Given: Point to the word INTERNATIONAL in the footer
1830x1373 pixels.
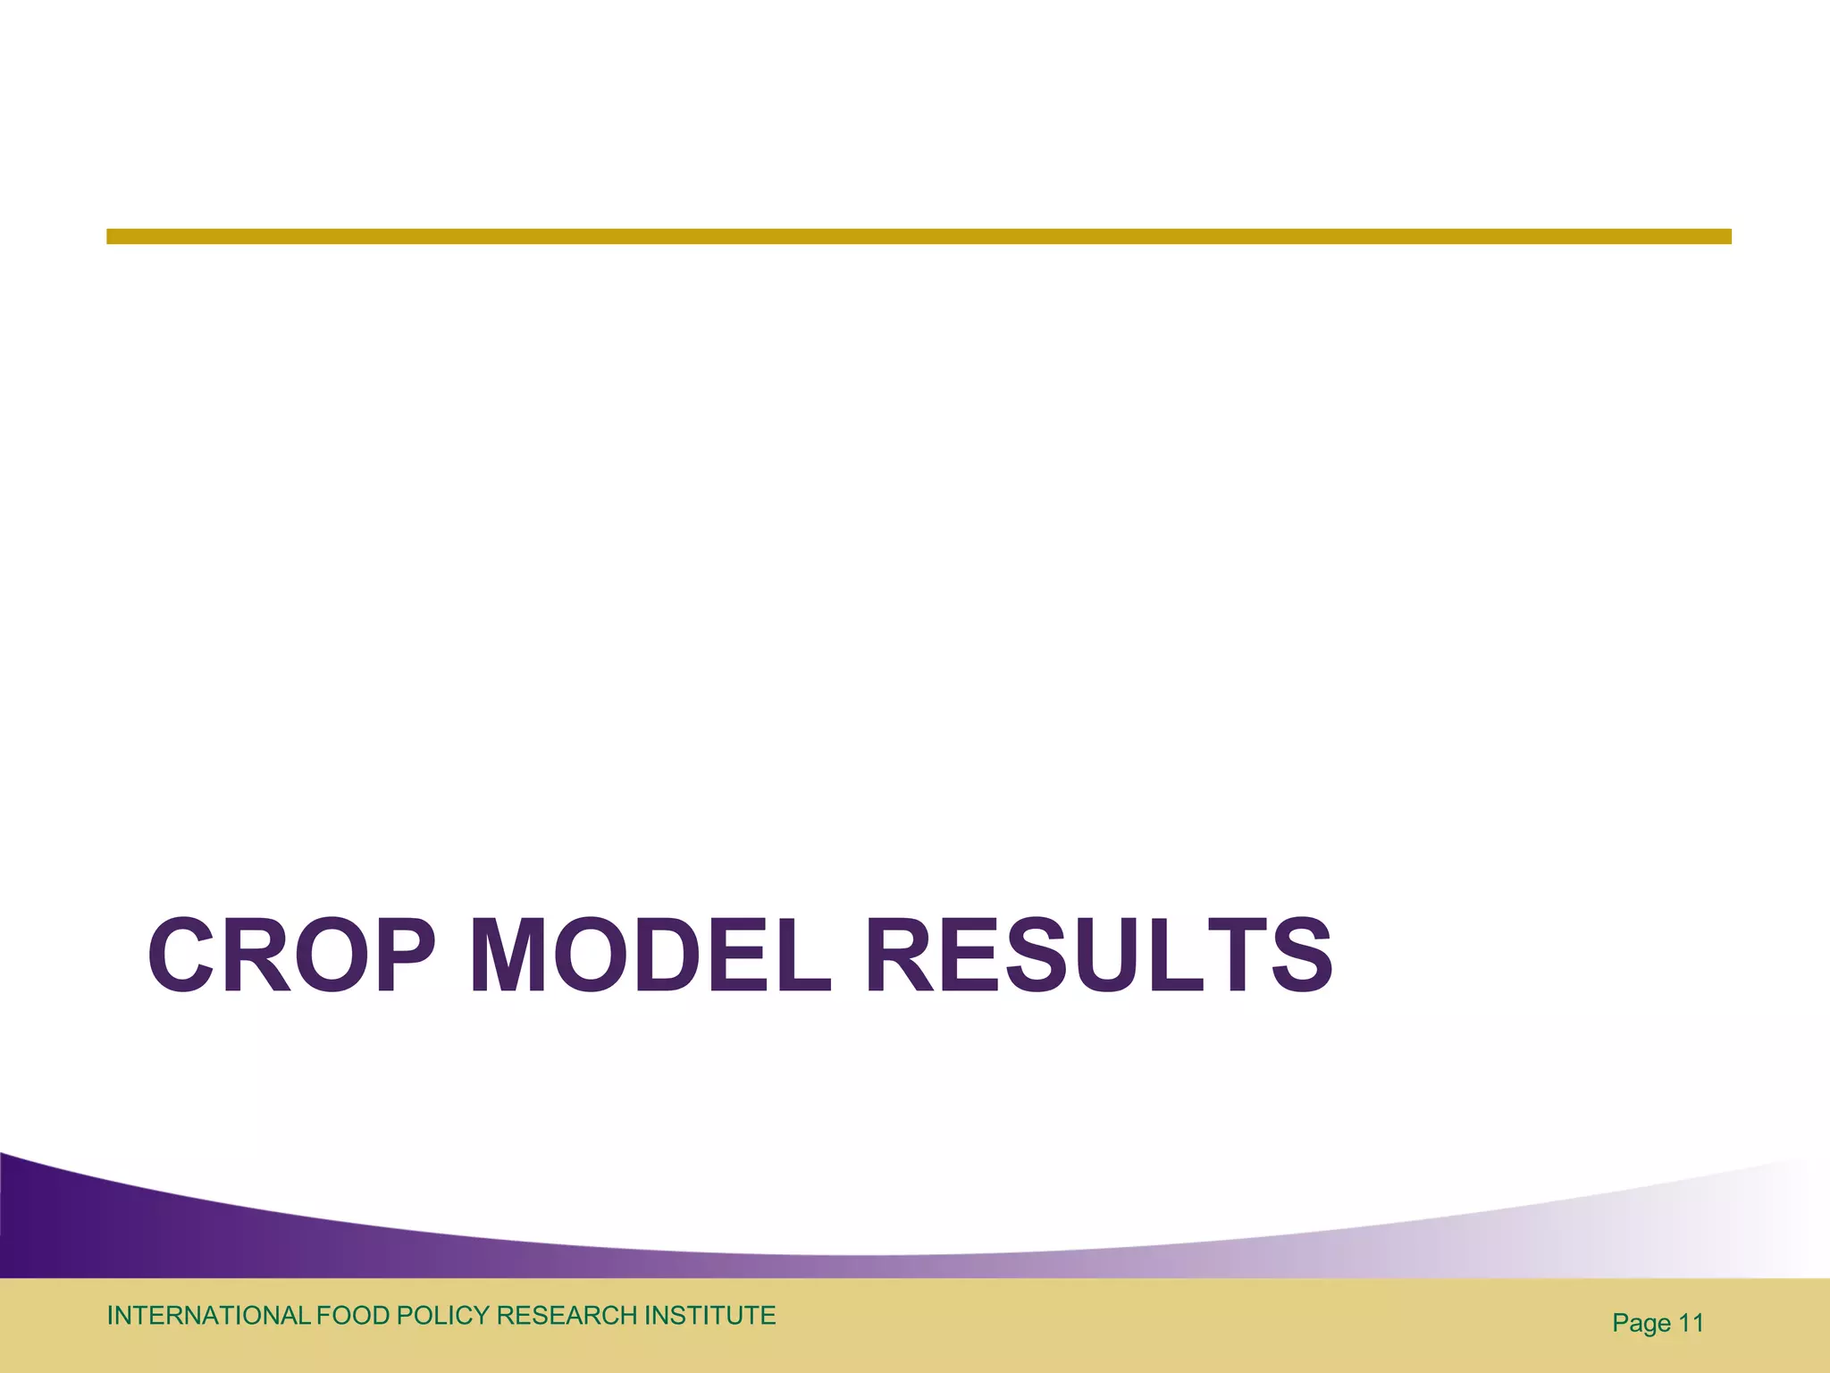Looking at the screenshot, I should click(x=208, y=1316).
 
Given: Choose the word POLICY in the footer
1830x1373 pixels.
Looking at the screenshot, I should click(x=442, y=1316).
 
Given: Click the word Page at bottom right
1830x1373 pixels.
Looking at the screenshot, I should click(x=1641, y=1324).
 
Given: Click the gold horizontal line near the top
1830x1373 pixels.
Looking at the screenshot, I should click(x=919, y=236).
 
